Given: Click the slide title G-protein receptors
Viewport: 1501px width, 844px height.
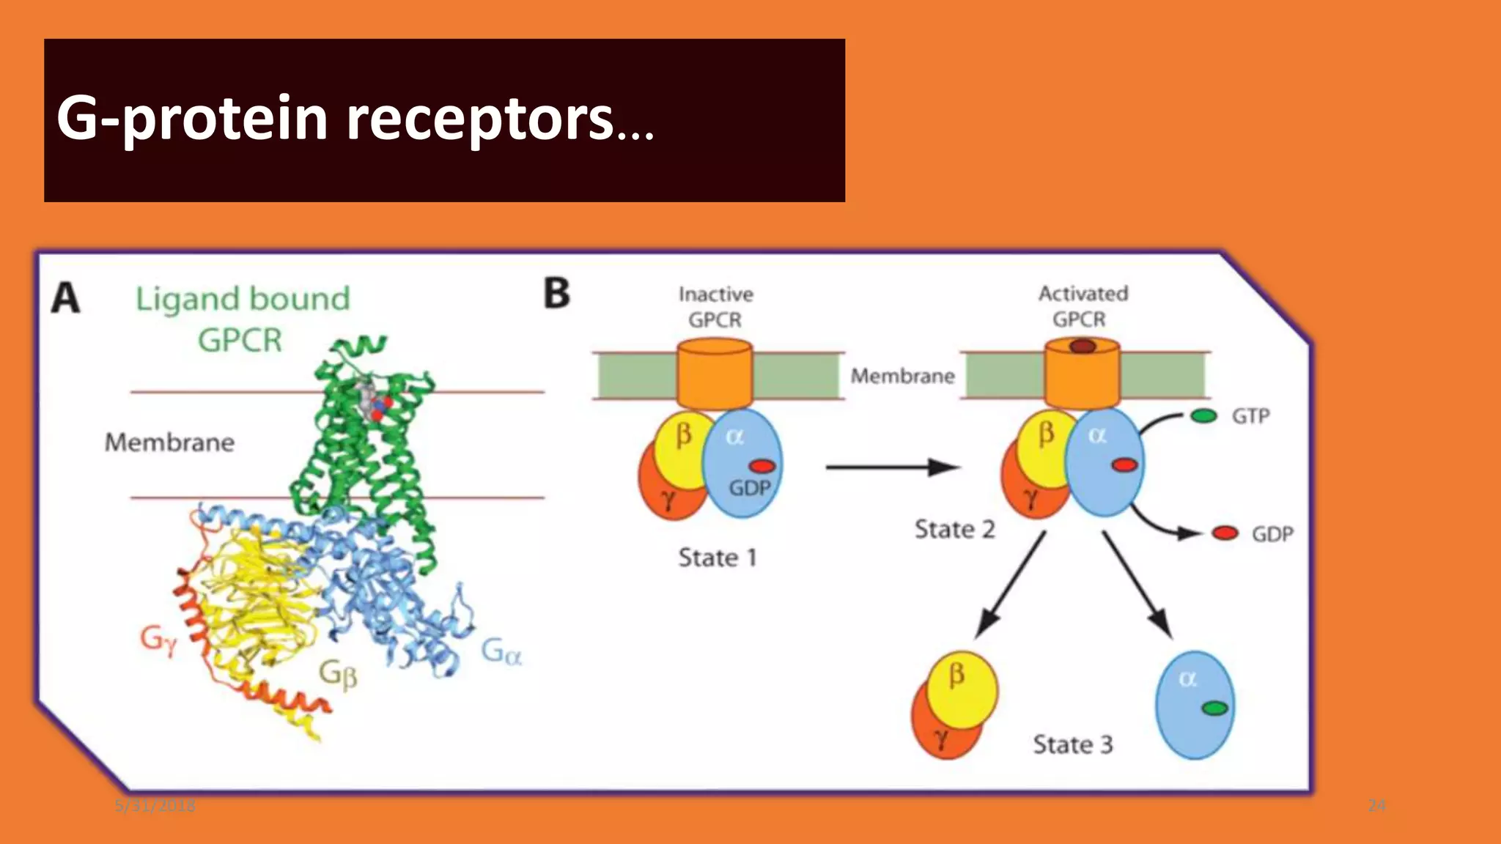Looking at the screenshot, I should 355,119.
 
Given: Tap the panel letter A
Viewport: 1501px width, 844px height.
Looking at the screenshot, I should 65,298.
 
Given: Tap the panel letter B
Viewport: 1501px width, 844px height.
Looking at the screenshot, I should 556,293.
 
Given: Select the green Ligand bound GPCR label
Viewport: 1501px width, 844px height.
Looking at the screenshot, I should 243,319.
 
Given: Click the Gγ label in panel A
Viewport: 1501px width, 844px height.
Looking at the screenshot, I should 158,640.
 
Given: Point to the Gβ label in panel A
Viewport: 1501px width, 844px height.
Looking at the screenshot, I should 338,673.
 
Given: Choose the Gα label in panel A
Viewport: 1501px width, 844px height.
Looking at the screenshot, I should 501,651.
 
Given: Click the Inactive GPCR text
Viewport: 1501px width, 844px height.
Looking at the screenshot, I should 715,307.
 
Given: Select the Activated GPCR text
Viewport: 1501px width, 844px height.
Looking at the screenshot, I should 1083,306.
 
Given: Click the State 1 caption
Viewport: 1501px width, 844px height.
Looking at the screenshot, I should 717,558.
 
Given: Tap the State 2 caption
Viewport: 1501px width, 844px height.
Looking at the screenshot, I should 954,529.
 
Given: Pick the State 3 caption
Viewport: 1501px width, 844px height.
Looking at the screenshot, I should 1072,744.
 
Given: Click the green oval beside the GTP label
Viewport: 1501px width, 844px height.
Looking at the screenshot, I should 1203,416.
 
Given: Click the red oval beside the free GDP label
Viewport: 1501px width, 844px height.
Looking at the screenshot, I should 1225,533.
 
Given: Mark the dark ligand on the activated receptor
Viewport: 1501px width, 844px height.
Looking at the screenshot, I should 1083,347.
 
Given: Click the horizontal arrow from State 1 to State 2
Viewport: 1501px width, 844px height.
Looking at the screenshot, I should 891,467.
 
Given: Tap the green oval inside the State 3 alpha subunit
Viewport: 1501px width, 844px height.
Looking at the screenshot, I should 1214,708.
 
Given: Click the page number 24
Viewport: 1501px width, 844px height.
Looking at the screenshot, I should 1376,806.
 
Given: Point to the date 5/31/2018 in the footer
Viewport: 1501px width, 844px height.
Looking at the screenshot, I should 155,806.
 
